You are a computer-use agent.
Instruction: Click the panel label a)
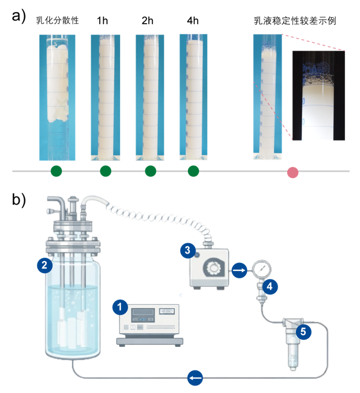tap(19, 16)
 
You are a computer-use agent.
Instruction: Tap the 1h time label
tap(102, 21)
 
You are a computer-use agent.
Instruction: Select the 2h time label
tap(148, 21)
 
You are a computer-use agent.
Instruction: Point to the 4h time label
tap(193, 21)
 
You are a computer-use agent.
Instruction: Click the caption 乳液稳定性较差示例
tap(295, 21)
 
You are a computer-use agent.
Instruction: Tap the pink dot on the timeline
tap(293, 172)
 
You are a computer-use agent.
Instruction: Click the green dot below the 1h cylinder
tap(105, 171)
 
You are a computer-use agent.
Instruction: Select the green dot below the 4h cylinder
tap(193, 171)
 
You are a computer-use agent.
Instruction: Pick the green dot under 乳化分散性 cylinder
tap(56, 171)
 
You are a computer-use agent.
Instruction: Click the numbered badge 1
tap(120, 307)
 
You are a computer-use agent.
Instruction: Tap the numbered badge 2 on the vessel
tap(42, 266)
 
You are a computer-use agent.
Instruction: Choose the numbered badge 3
tap(186, 250)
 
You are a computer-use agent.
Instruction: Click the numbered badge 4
tap(269, 285)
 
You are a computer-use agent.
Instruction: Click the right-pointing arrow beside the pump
tap(239, 269)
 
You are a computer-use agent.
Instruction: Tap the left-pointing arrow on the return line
tap(195, 378)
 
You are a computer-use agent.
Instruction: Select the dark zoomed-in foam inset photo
tap(318, 95)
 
